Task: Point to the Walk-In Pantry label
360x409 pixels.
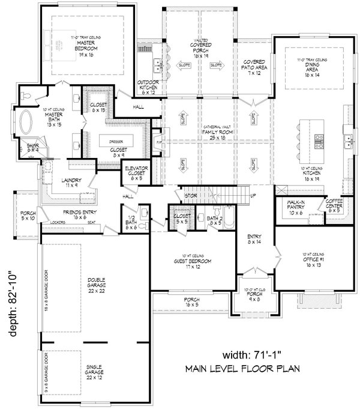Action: pos(295,209)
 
